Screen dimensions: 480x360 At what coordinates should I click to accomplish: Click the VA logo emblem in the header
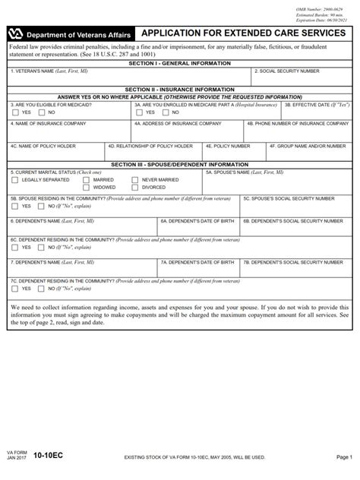15,35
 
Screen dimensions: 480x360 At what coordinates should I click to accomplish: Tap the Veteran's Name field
129,78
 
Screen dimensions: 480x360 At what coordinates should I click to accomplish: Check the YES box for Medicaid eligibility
16,112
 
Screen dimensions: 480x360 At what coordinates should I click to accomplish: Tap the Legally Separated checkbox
15,180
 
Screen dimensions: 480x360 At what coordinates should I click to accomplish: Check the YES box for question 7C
16,289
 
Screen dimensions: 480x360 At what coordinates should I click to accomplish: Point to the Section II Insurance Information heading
180,89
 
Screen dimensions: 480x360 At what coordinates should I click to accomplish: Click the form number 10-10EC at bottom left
49,459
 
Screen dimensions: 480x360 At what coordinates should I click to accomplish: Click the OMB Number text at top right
318,6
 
